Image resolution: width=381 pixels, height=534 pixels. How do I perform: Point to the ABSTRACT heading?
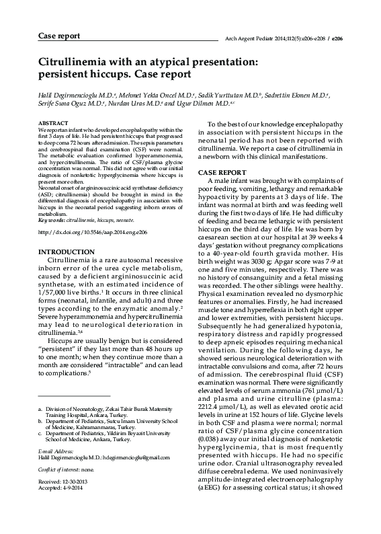[53, 124]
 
